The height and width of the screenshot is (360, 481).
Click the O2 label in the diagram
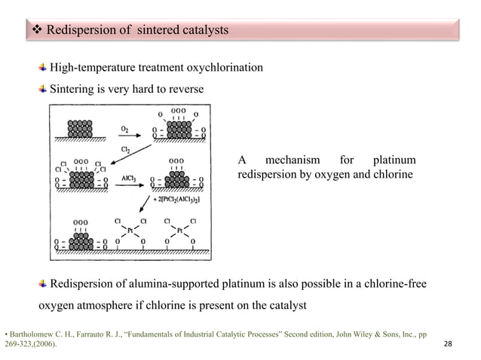124,129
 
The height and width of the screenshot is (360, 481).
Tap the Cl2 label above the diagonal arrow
127,150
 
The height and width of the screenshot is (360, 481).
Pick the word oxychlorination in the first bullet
227,69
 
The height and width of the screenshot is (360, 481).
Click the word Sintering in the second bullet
72,89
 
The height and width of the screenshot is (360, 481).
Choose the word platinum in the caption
394,160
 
